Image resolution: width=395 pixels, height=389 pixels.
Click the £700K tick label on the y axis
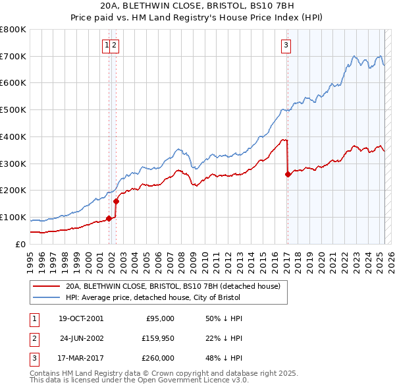[13, 57]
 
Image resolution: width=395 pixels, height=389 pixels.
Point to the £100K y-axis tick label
[13, 217]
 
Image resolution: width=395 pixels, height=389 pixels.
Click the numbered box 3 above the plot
[286, 45]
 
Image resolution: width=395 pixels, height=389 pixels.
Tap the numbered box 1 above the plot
[106, 45]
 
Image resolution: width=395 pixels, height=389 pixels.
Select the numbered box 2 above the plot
[114, 45]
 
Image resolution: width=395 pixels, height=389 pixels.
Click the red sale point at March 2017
[288, 175]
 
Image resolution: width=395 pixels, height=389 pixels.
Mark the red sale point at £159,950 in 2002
[117, 201]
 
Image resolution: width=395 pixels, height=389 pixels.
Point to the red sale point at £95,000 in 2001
[109, 218]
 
